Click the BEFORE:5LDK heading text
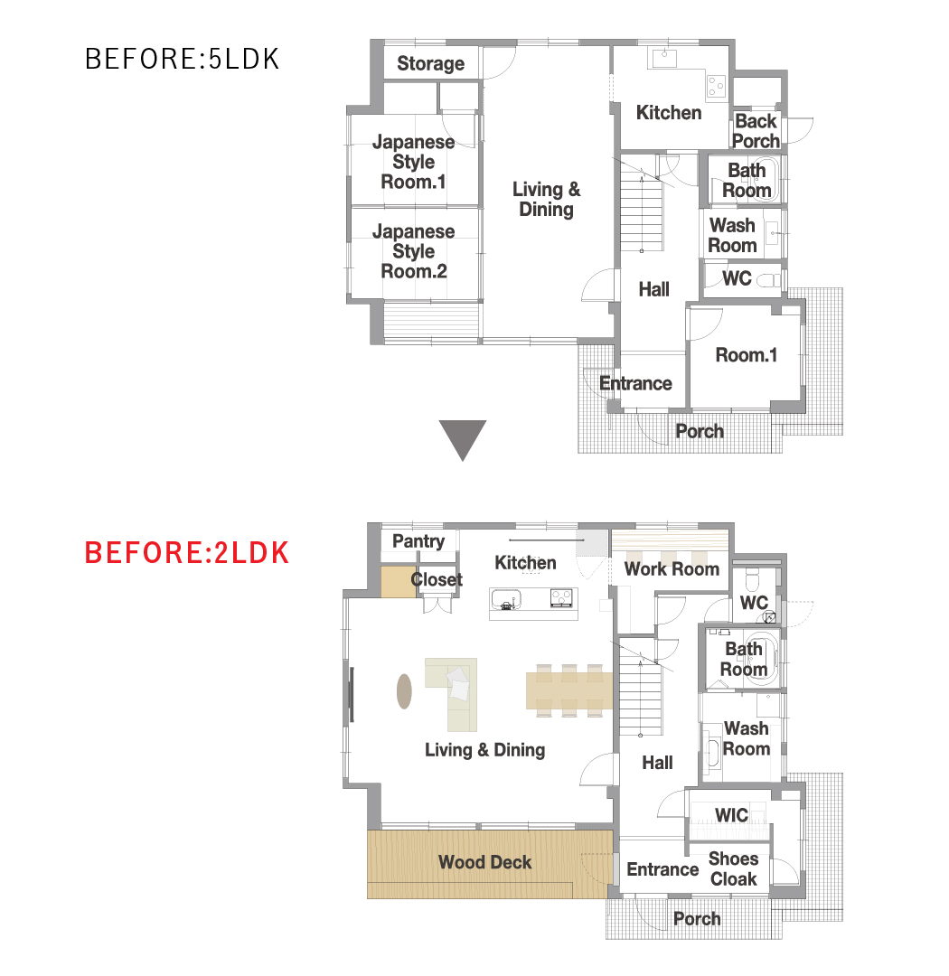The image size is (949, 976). (182, 59)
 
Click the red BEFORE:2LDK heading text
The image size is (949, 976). (187, 553)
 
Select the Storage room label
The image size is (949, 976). (431, 63)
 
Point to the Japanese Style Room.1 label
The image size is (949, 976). (413, 162)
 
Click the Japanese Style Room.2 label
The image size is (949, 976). (413, 251)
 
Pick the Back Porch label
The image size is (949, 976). (756, 131)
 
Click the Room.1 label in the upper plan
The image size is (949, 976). (746, 355)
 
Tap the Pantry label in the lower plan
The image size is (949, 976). (418, 541)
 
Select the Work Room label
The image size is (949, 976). (672, 569)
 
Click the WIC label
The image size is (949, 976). (732, 815)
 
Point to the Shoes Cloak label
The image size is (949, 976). (734, 869)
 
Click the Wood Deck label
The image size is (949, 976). (485, 862)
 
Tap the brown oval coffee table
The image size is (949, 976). (404, 691)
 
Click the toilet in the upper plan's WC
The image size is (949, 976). (768, 281)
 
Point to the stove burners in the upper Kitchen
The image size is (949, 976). (716, 87)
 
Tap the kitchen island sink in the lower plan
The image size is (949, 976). (506, 600)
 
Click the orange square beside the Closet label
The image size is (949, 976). (399, 582)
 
